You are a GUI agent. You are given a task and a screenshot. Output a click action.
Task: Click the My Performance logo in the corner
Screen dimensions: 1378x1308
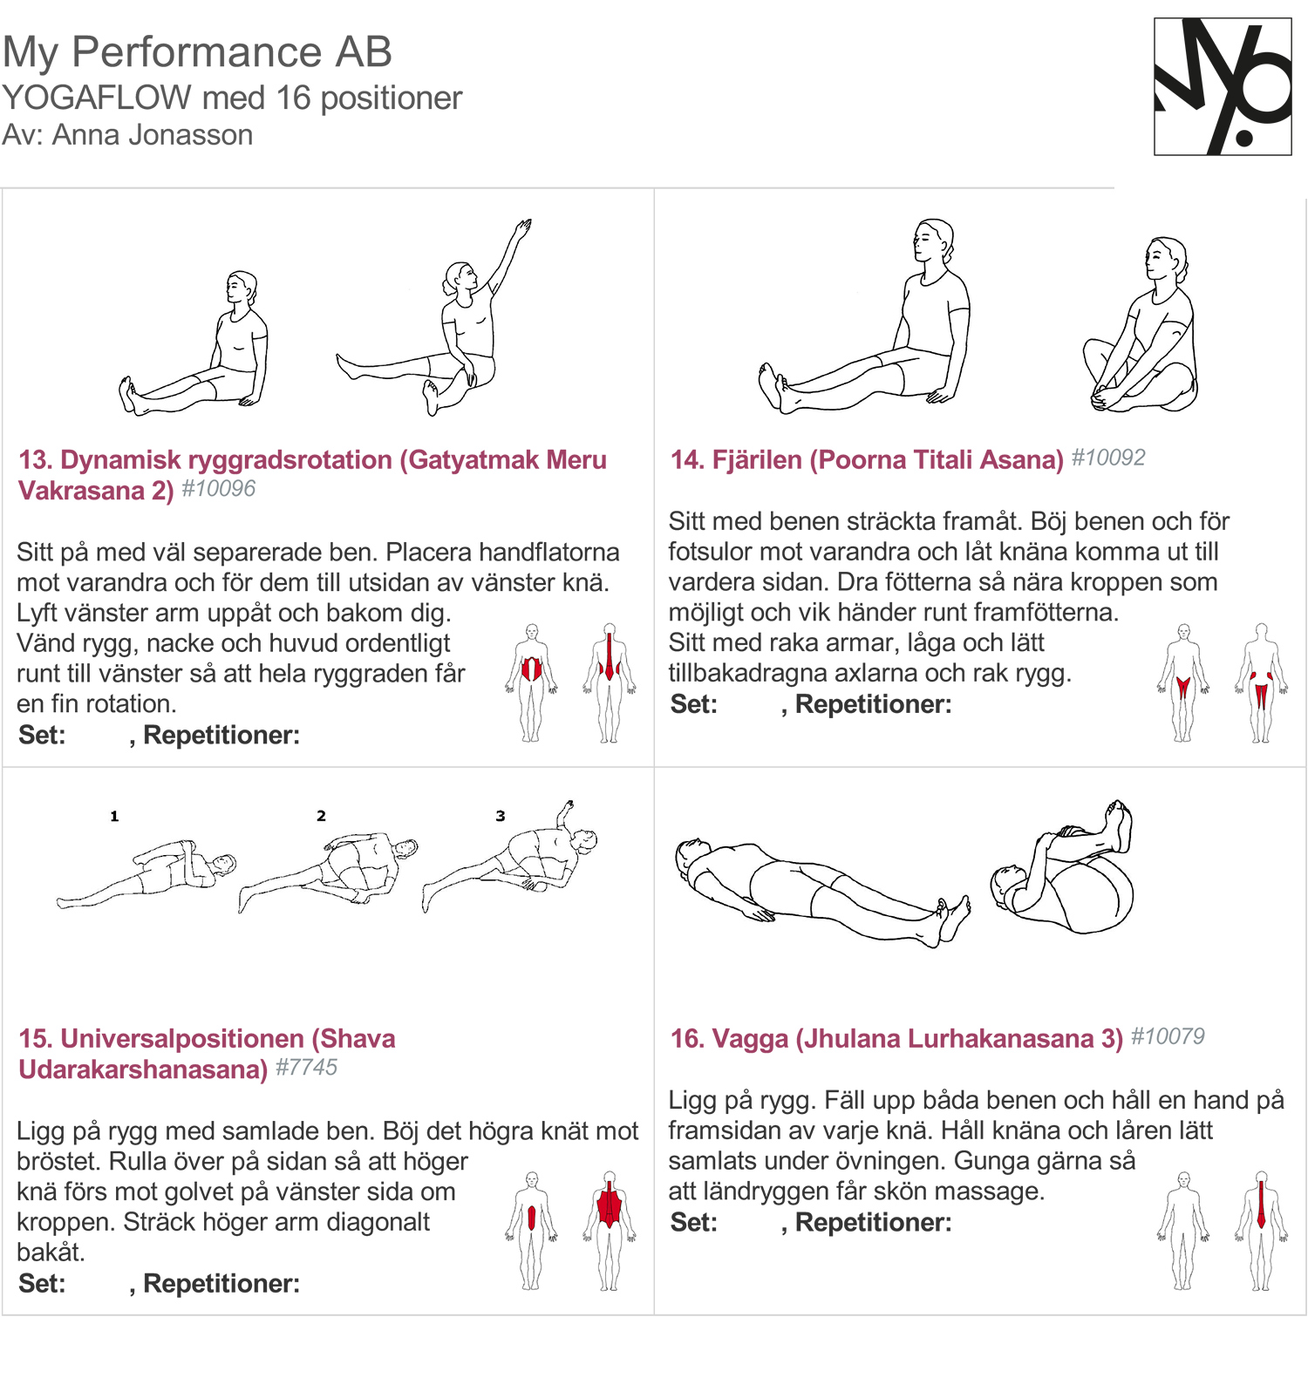click(x=1222, y=87)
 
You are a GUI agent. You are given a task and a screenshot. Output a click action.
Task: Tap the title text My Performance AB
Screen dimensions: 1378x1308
click(x=197, y=52)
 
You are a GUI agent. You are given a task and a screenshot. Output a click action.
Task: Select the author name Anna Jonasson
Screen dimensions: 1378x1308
click(x=153, y=135)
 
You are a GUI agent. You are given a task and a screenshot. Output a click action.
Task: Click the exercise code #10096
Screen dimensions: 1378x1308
click(x=219, y=489)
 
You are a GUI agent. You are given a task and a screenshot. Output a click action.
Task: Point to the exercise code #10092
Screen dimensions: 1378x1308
click(x=1107, y=458)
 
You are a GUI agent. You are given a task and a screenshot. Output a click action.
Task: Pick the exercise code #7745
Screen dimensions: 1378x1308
click(x=306, y=1068)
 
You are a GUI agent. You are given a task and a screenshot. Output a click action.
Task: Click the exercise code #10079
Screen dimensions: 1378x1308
click(x=1168, y=1036)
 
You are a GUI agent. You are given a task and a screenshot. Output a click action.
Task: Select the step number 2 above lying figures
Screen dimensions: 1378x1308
click(x=321, y=816)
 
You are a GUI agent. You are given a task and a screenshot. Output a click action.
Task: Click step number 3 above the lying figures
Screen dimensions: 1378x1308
click(x=501, y=816)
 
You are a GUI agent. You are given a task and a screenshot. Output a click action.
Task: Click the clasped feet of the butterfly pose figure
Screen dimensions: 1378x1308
click(x=1101, y=400)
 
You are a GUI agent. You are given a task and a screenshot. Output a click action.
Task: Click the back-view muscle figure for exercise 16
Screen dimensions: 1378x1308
click(x=1260, y=1231)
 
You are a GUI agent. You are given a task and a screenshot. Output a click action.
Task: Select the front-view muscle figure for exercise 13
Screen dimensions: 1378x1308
click(x=531, y=682)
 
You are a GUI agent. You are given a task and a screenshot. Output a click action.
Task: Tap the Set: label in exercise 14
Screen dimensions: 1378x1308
click(x=693, y=704)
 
